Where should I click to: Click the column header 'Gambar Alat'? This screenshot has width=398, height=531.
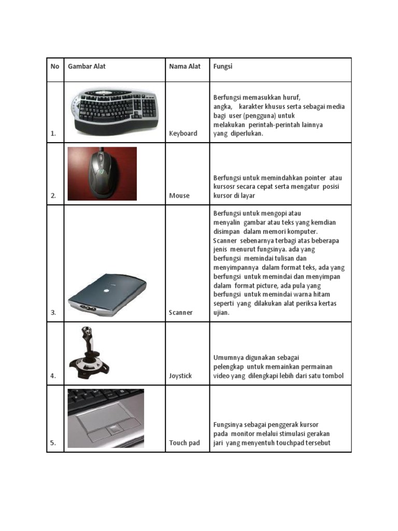(x=87, y=66)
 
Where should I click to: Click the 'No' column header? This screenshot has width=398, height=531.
(x=55, y=66)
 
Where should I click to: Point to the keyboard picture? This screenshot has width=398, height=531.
(x=114, y=109)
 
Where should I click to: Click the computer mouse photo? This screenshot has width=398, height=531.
(x=102, y=173)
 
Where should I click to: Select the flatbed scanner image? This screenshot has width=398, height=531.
(x=107, y=295)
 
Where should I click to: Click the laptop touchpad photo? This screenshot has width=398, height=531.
(x=106, y=418)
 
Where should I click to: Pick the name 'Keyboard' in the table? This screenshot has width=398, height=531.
(x=183, y=133)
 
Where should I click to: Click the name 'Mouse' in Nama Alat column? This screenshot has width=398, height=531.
(x=179, y=195)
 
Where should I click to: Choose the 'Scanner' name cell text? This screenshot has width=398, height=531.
(x=181, y=313)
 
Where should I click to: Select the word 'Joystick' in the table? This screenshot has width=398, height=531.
(x=180, y=375)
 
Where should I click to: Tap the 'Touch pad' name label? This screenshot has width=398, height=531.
(x=184, y=443)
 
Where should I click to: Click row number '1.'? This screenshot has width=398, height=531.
(x=53, y=134)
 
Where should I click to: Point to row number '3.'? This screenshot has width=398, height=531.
(x=53, y=313)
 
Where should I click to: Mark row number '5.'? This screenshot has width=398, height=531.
(x=53, y=443)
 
